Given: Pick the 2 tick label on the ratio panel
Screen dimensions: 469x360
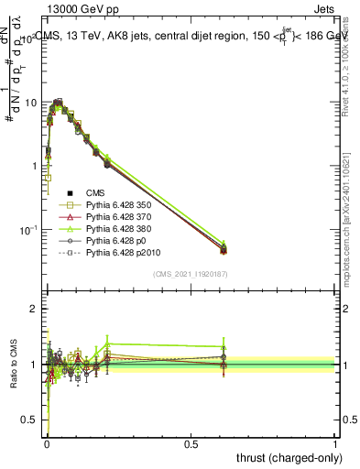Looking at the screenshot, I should coord(34,310).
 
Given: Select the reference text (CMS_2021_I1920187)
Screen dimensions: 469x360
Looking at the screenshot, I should coord(191,273).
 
